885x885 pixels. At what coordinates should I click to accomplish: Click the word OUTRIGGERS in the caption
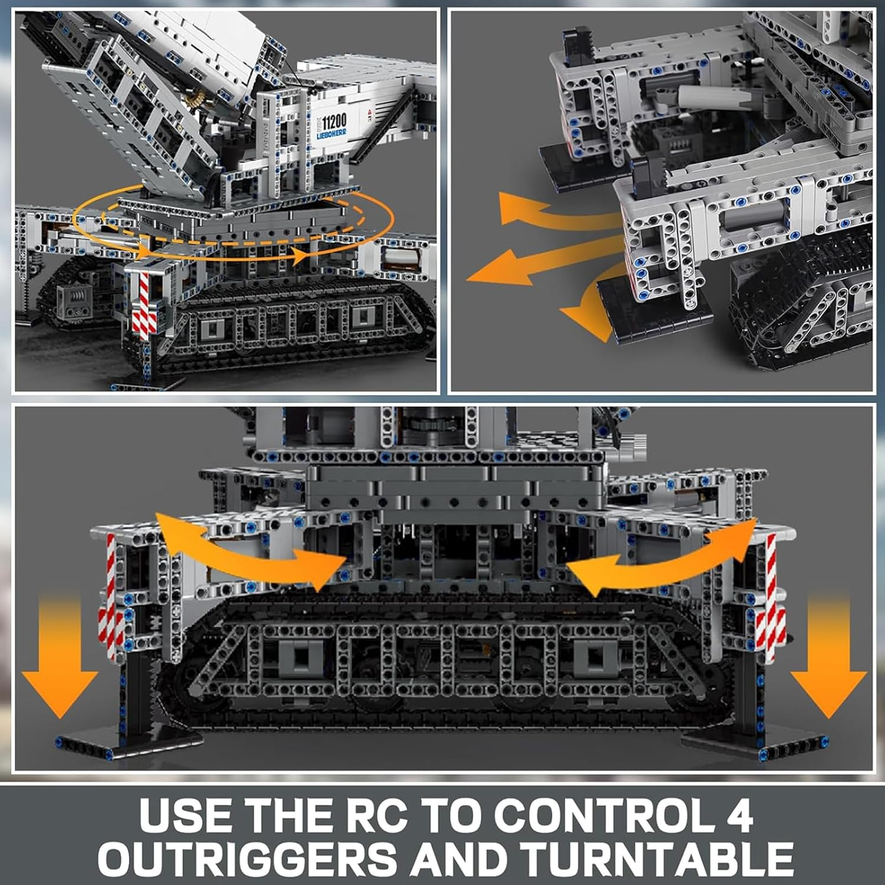click(248, 857)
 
